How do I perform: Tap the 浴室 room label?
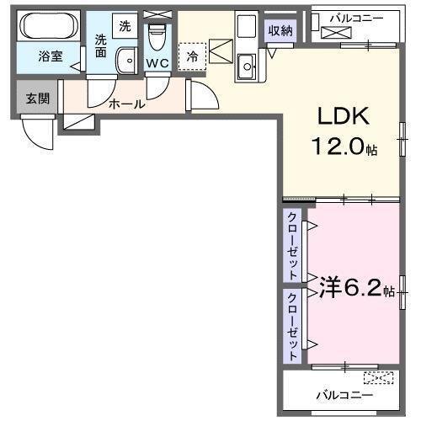(x=50, y=57)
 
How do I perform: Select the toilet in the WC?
(x=157, y=37)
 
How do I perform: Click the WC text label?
(x=157, y=62)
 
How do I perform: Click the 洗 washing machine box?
(x=125, y=25)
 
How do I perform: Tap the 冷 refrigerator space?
(x=193, y=56)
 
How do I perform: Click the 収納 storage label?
(x=280, y=30)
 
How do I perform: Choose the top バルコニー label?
(x=358, y=16)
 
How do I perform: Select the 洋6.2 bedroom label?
(x=350, y=289)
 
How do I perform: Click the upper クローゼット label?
(x=292, y=246)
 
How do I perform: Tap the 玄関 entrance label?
(x=37, y=99)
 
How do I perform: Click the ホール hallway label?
(x=126, y=104)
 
